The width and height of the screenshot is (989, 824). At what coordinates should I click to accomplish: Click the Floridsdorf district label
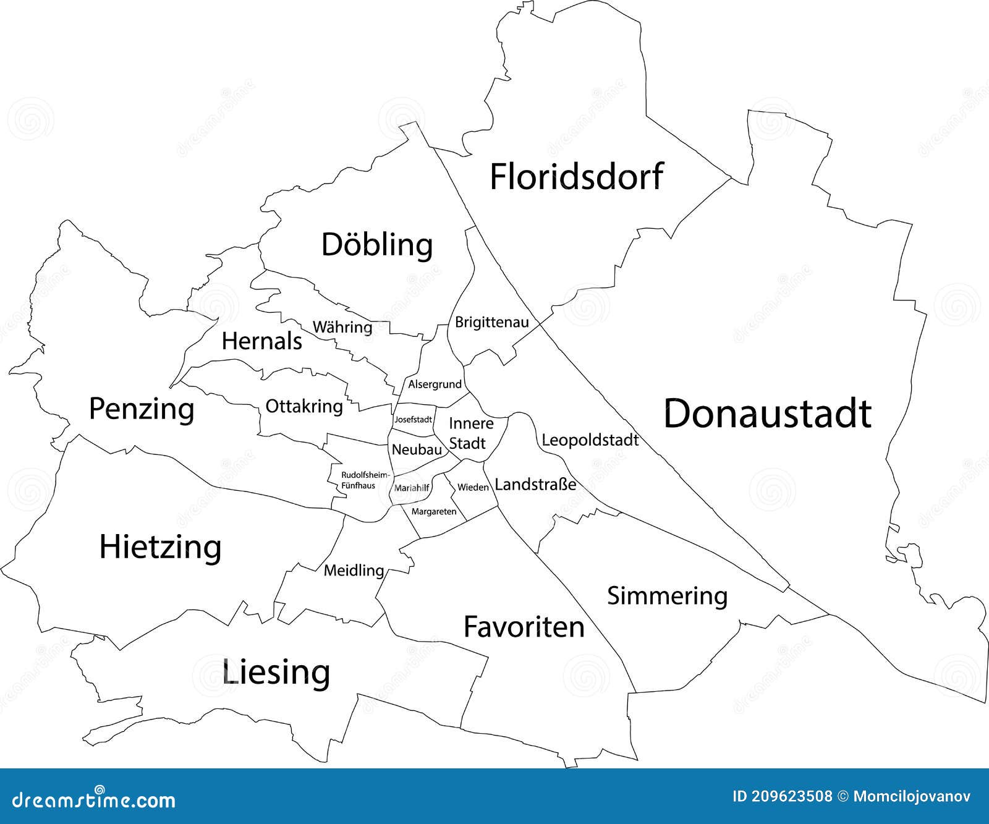(x=576, y=176)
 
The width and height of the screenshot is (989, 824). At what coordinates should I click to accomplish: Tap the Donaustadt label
(x=767, y=414)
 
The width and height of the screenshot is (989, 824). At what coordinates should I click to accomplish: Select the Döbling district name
(x=377, y=245)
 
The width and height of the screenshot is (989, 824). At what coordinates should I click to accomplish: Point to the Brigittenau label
(x=492, y=322)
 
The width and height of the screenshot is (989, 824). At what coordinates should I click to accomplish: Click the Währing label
(x=342, y=327)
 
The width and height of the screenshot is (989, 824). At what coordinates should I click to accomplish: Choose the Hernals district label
(x=262, y=341)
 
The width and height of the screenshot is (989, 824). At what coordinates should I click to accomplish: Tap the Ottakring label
(x=304, y=406)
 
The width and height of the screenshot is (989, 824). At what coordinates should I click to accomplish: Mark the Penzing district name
(x=142, y=409)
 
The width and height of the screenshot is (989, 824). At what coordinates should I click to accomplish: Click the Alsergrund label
(x=435, y=384)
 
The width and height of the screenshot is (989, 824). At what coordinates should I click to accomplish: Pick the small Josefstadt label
(x=413, y=419)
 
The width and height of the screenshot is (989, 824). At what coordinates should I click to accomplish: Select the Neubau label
(x=417, y=449)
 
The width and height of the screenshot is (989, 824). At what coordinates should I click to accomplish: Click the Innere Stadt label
(x=469, y=433)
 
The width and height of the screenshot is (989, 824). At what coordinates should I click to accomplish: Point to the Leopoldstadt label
(x=590, y=440)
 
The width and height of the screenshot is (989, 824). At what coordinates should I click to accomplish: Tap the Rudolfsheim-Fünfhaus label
(x=365, y=480)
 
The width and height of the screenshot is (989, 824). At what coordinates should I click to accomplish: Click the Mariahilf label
(x=412, y=488)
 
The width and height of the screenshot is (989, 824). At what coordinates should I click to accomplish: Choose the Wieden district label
(x=473, y=488)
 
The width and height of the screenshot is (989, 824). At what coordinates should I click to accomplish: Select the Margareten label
(x=434, y=511)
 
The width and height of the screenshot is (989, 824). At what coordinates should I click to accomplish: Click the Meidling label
(x=354, y=570)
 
